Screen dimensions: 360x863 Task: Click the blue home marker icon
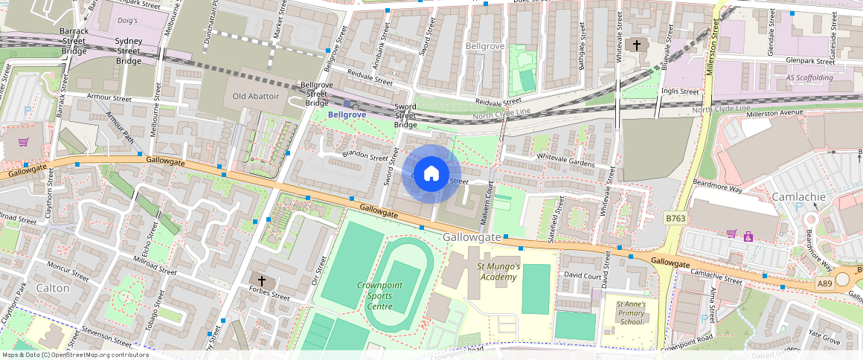(x=431, y=174)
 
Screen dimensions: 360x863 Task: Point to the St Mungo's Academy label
(x=498, y=271)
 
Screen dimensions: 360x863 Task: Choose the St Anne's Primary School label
(x=630, y=312)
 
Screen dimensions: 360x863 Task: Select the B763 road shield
(x=675, y=218)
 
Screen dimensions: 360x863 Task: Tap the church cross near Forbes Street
(x=261, y=280)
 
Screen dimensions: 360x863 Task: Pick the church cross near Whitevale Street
(x=636, y=45)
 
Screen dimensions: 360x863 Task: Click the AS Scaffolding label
(x=810, y=77)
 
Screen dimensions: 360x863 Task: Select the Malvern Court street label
(x=487, y=202)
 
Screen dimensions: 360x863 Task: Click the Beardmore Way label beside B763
(x=717, y=181)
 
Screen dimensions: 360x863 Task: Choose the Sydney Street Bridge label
(x=129, y=51)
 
